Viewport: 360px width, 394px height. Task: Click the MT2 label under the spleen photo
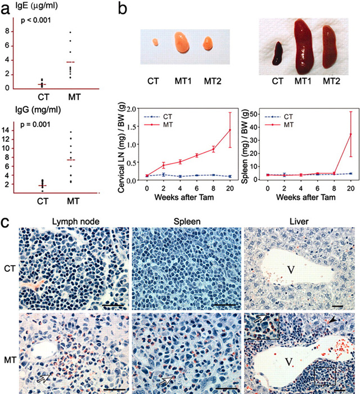click(333, 80)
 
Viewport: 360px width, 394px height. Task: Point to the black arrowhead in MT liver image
click(334, 320)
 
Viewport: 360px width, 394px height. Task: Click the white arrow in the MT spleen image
click(165, 380)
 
